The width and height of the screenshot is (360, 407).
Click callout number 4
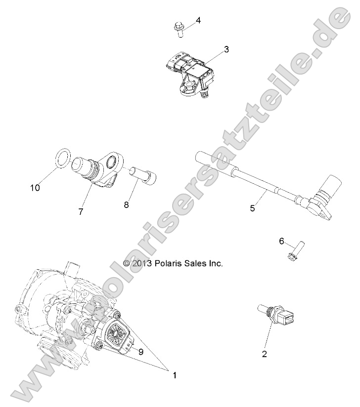point(198,20)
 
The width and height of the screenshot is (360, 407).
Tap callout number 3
point(226,49)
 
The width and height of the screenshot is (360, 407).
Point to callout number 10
point(35,188)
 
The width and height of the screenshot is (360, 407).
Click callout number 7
point(80,211)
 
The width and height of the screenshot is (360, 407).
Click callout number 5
point(252,208)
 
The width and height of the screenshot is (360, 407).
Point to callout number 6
point(282,241)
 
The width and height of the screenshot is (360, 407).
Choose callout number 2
point(264,354)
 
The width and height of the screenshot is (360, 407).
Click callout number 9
point(141,352)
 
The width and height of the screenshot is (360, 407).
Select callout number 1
point(174,375)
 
